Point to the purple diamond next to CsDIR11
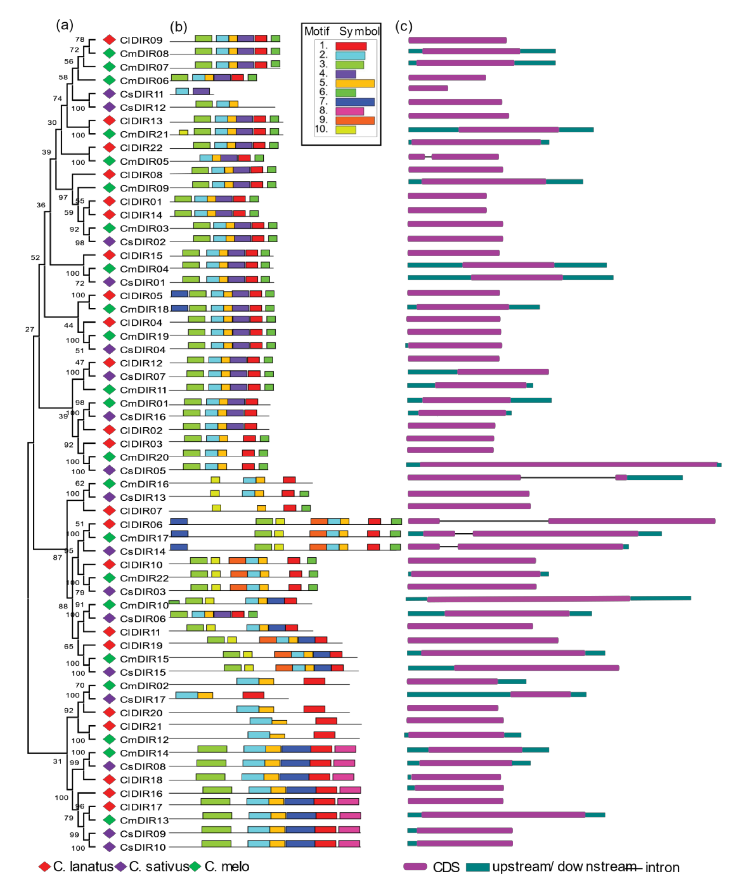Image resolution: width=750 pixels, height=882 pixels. pyautogui.click(x=109, y=94)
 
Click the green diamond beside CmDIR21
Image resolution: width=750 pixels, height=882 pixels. pyautogui.click(x=109, y=134)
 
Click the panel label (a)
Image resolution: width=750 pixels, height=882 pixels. pyautogui.click(x=65, y=26)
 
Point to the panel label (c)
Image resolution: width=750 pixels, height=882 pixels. pyautogui.click(x=404, y=26)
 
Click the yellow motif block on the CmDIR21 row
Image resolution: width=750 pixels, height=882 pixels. pyautogui.click(x=183, y=132)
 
